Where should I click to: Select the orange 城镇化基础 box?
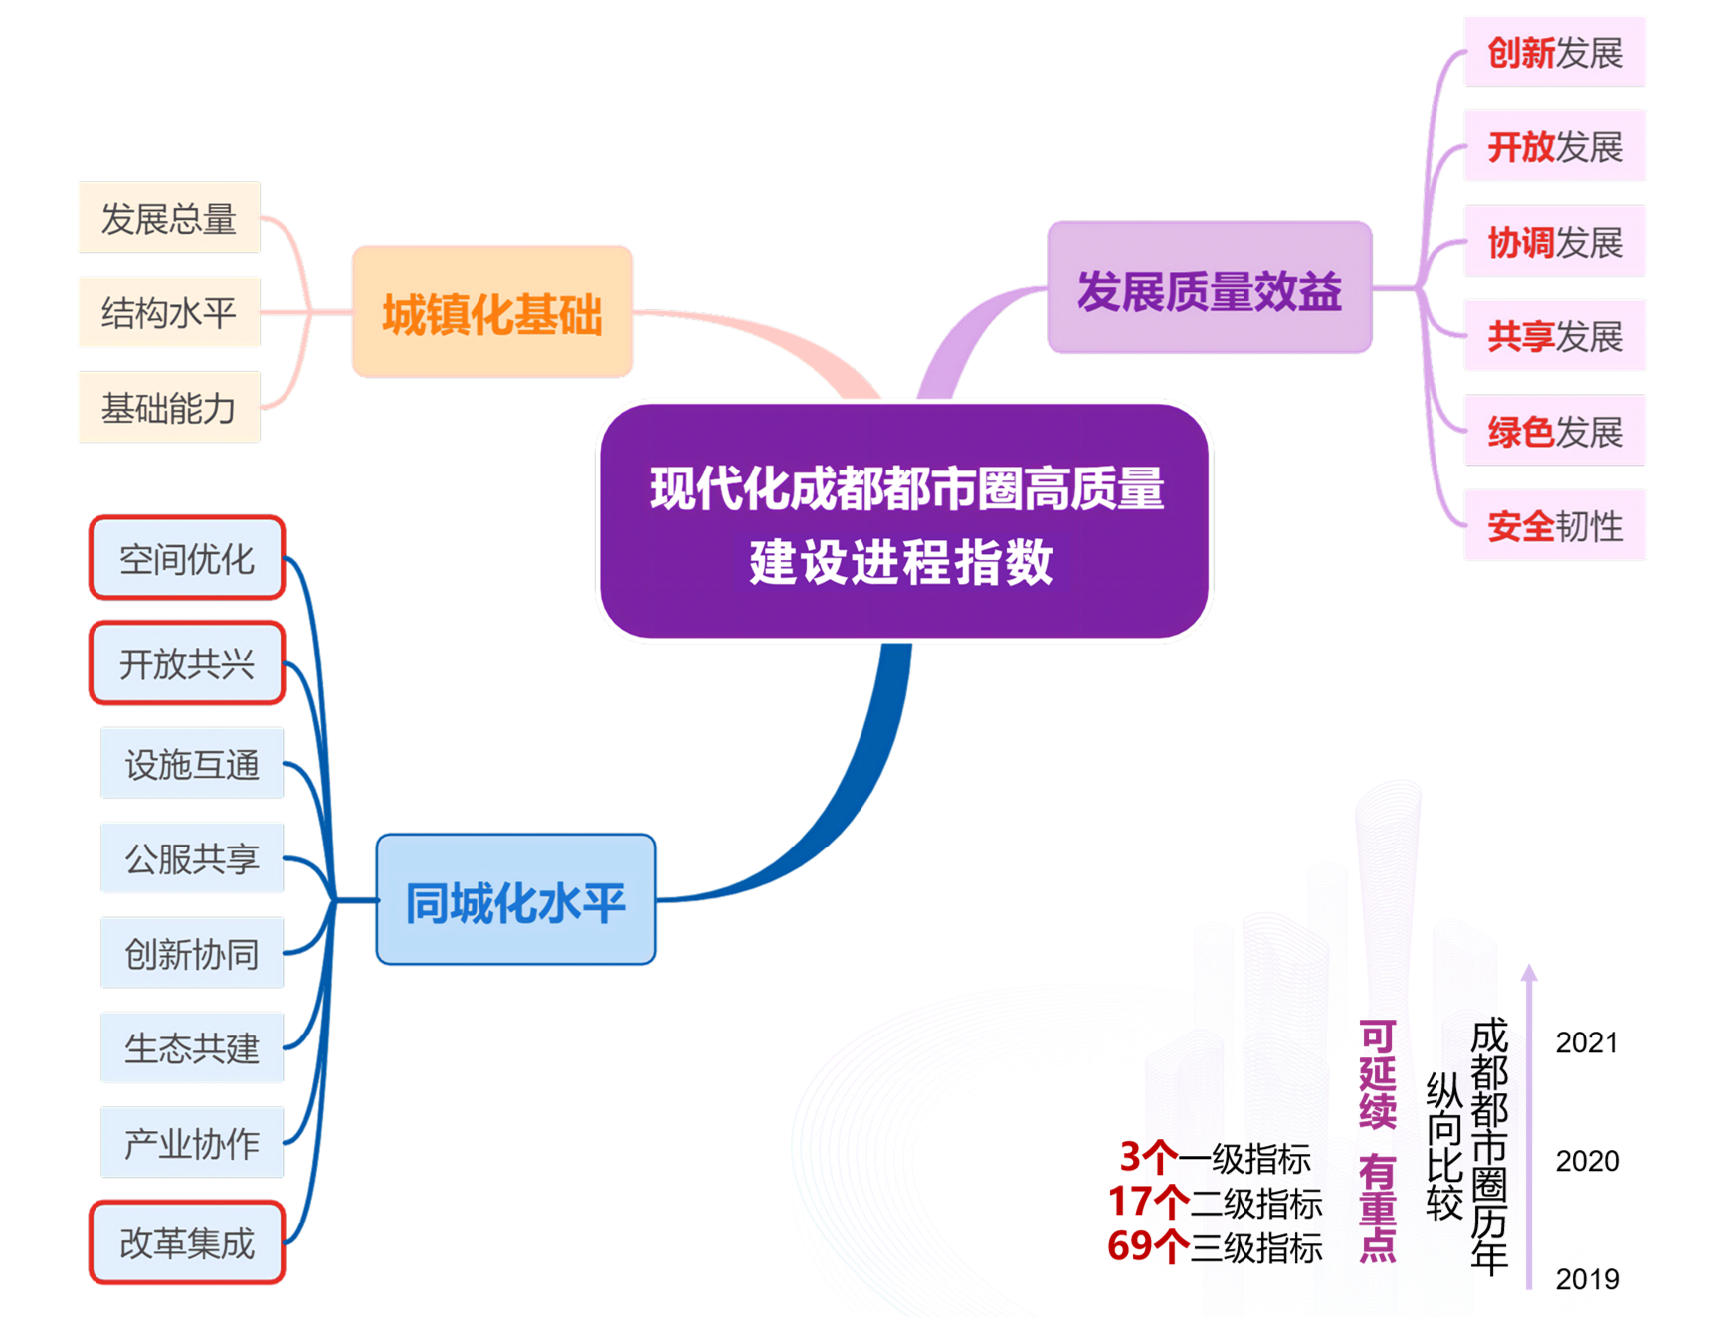tap(492, 311)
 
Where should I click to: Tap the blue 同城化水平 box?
tap(515, 899)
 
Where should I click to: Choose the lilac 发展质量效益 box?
tap(1209, 288)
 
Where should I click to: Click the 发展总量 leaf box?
tap(168, 217)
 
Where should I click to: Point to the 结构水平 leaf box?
tap(168, 312)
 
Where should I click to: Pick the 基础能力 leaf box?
tap(168, 407)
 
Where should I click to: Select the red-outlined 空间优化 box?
tap(187, 558)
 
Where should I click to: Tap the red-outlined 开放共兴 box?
tap(187, 662)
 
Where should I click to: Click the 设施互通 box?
tap(192, 763)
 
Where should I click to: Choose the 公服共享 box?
tap(192, 857)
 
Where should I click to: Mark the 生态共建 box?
tap(192, 1047)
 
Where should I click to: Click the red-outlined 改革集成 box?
tap(187, 1242)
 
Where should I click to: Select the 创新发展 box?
tap(1555, 52)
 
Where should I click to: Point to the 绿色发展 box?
tap(1555, 431)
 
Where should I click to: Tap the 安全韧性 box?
tap(1555, 525)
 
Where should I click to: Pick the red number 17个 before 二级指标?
tap(1148, 1202)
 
